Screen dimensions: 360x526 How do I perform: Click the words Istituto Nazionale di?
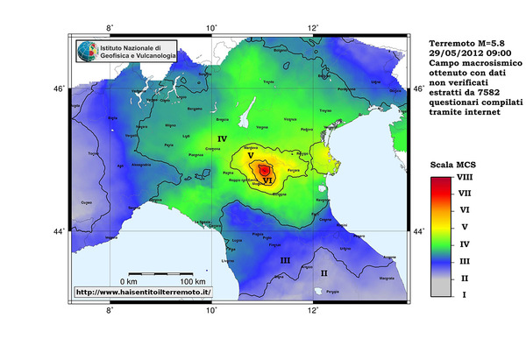(131, 46)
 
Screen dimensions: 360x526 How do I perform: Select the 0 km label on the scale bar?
(131, 281)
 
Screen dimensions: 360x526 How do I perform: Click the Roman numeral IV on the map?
(222, 139)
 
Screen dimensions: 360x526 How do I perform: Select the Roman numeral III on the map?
(285, 261)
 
